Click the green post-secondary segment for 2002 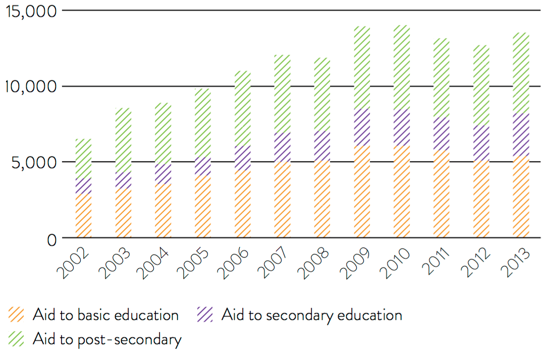tap(83, 158)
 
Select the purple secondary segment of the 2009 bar tap(362, 128)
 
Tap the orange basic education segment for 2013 tap(521, 197)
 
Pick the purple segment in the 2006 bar tap(243, 158)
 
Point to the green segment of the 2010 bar tap(402, 67)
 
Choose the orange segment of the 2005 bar tap(203, 207)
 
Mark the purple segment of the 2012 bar tap(481, 143)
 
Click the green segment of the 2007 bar tap(283, 94)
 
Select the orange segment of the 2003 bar tap(123, 213)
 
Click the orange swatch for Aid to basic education tap(16, 315)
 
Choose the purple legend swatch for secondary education tap(205, 315)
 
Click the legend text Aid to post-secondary tap(106, 339)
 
